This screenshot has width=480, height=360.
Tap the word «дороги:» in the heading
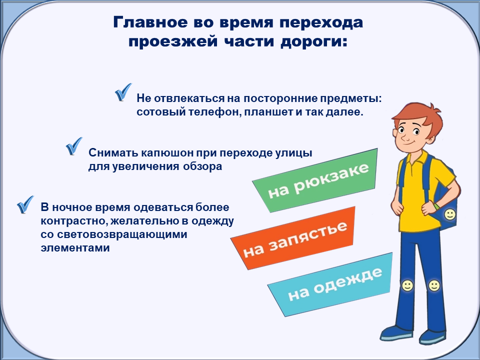(314, 42)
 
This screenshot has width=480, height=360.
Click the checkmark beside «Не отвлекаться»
(123, 92)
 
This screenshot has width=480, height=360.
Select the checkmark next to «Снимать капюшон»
(74, 146)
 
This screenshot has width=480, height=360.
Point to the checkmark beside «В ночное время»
(25, 204)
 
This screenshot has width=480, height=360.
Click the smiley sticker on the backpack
(449, 214)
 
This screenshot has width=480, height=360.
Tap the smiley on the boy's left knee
(434, 285)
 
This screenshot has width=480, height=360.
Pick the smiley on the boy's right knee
(407, 285)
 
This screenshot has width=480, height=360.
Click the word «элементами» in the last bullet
(75, 247)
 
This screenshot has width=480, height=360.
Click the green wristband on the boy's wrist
(436, 205)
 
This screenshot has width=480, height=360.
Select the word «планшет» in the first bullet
(268, 111)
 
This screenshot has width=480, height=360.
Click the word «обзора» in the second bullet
(202, 166)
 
